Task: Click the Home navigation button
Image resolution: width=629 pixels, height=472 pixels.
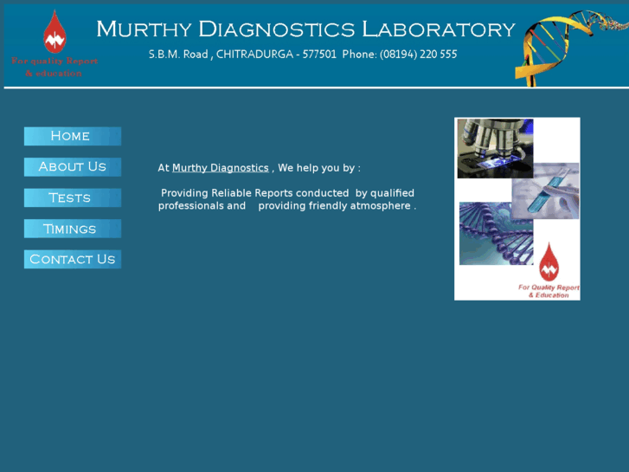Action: (x=72, y=136)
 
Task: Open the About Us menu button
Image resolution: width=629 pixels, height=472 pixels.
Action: (x=72, y=167)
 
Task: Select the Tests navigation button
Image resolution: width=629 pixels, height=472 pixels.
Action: (x=72, y=198)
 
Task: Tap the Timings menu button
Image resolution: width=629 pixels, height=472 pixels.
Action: (x=72, y=229)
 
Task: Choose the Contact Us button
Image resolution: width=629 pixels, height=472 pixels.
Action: (x=72, y=259)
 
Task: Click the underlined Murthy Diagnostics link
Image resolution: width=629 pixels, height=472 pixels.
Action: (x=220, y=168)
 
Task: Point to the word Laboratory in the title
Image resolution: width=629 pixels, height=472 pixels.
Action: (x=438, y=29)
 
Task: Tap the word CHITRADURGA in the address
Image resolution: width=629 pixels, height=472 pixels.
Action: (x=254, y=54)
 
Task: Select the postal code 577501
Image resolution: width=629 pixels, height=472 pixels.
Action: (x=319, y=54)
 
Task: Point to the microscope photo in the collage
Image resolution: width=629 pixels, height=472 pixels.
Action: (x=494, y=148)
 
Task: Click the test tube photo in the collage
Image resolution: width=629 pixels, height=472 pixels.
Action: (x=546, y=191)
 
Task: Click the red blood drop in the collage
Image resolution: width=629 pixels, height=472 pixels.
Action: (x=549, y=262)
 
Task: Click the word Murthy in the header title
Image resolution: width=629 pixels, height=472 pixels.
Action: (x=144, y=29)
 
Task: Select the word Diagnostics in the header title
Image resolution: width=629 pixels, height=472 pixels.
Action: (x=277, y=29)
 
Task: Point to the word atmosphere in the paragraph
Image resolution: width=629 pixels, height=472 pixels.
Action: (x=379, y=206)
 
